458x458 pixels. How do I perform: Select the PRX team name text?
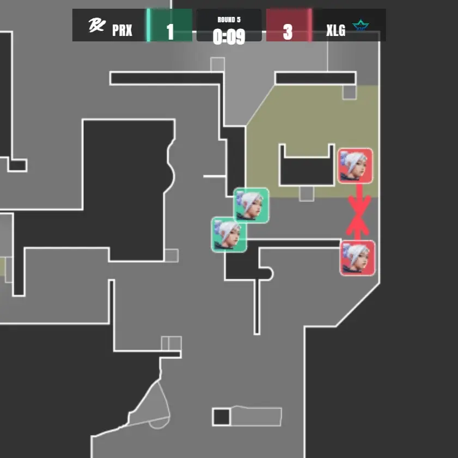[122, 30]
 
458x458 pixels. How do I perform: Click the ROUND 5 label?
[229, 20]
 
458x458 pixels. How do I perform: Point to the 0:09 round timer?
[229, 36]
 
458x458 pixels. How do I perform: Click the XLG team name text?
[335, 30]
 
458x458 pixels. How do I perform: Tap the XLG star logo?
[361, 26]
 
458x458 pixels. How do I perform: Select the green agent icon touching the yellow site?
[251, 205]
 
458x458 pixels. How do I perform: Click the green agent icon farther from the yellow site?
[229, 234]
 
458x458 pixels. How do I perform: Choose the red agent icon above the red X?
[355, 166]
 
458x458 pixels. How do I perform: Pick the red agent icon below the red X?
[357, 258]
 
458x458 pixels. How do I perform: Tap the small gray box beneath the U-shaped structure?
[307, 193]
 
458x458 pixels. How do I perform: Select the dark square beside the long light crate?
[221, 417]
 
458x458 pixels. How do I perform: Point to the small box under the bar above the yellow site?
[349, 92]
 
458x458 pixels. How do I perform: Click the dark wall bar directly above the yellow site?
[315, 78]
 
